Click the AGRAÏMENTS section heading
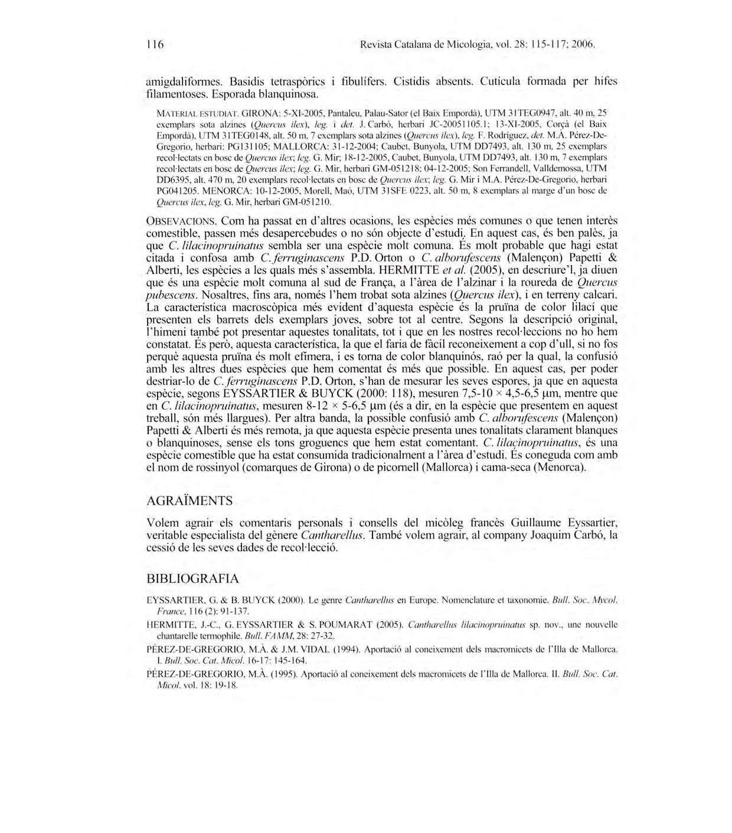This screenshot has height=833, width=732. pyautogui.click(x=189, y=501)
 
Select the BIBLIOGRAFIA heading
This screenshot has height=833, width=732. pyautogui.click(x=192, y=578)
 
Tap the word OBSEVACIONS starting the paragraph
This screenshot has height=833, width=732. pyautogui.click(x=182, y=221)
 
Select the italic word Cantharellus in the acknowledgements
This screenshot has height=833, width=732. pyautogui.click(x=332, y=535)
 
